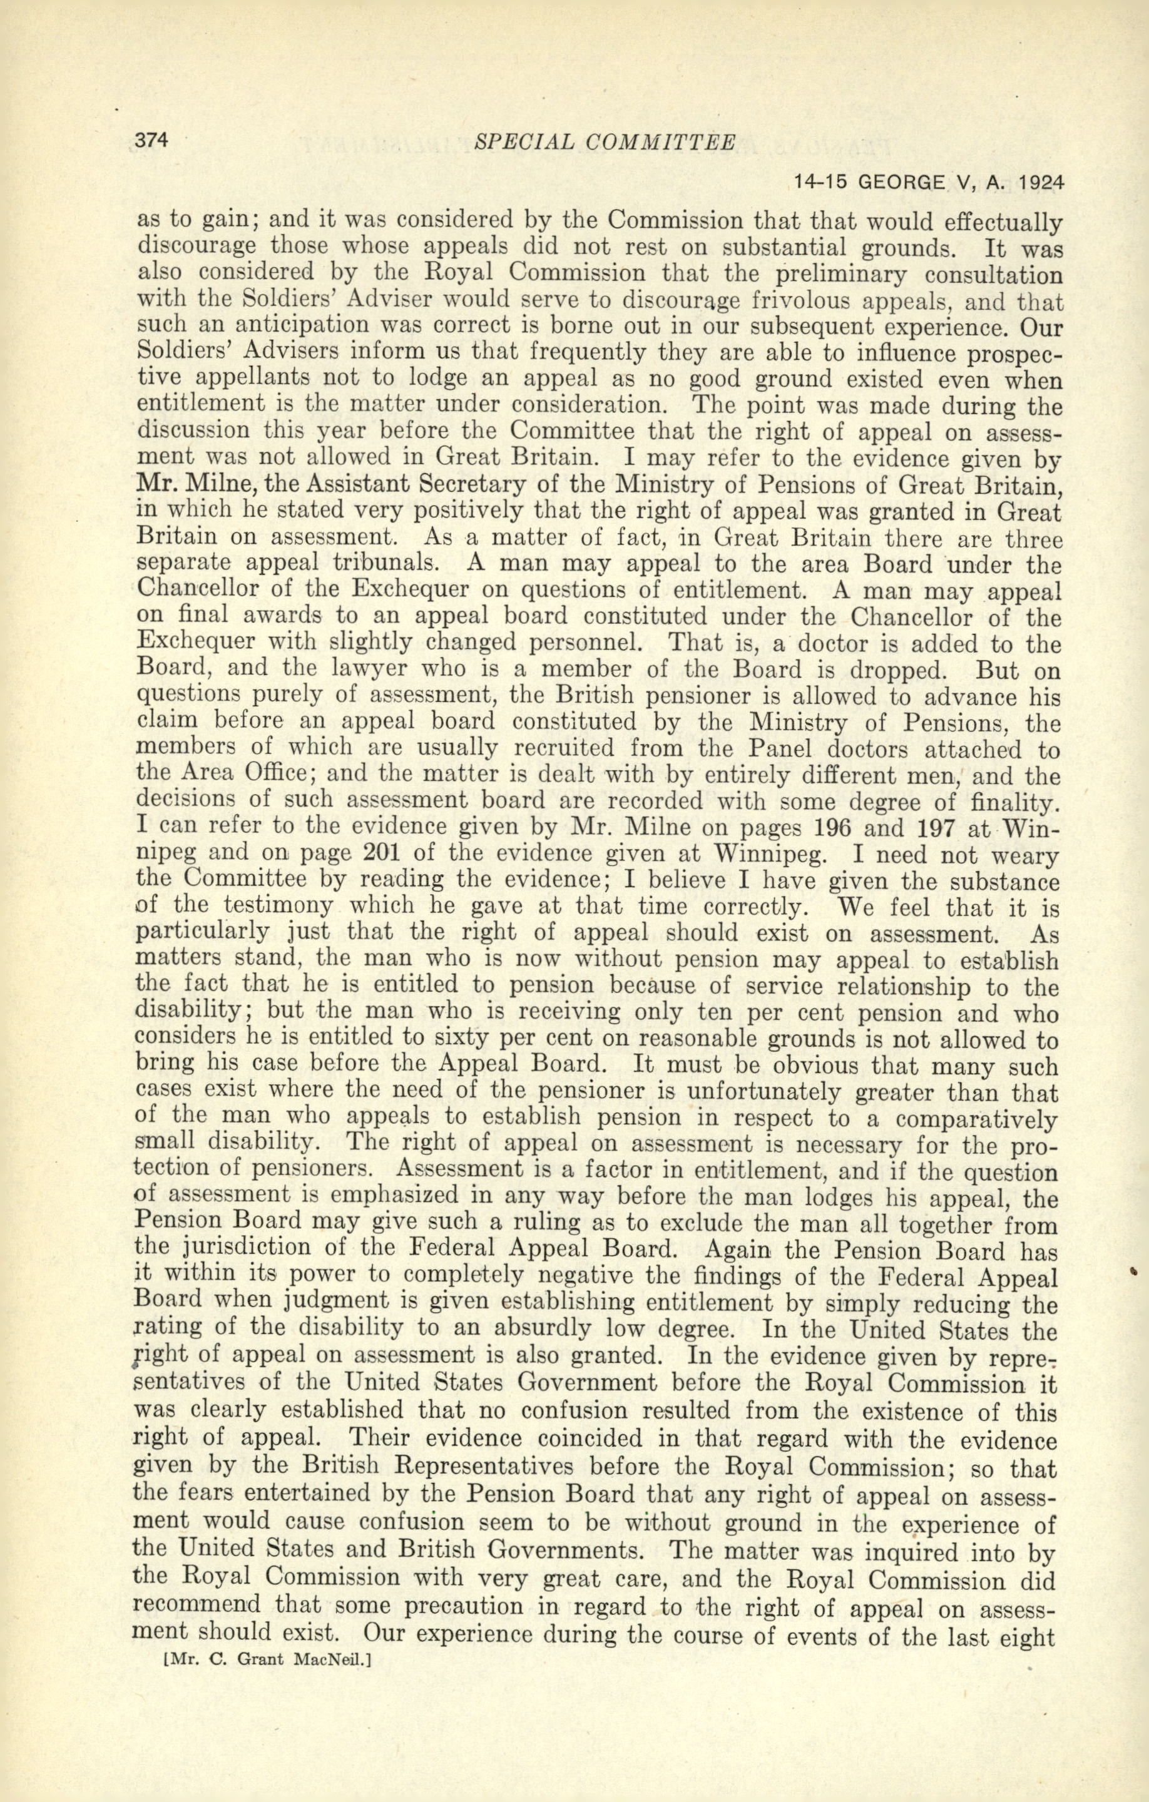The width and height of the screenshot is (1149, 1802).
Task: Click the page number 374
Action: (x=153, y=141)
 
